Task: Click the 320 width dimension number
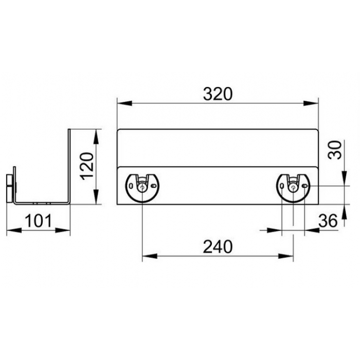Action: (218, 94)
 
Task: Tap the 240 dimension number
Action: (218, 246)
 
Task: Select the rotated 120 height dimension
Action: (87, 166)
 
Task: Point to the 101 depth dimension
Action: (39, 221)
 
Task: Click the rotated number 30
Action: (335, 150)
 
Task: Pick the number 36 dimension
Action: (328, 221)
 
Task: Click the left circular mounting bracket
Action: (142, 188)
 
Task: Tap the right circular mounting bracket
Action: (293, 188)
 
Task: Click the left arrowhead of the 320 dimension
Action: (124, 103)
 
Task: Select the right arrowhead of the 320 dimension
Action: (311, 103)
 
